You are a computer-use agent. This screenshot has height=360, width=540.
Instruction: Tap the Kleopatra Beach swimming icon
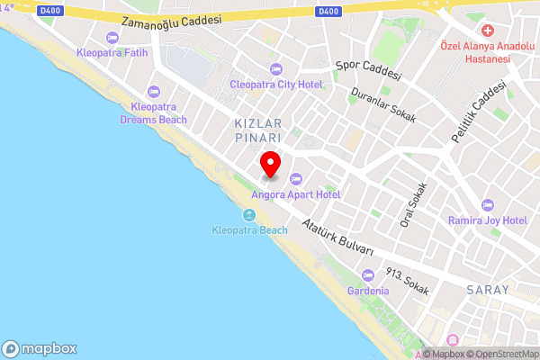point(249,214)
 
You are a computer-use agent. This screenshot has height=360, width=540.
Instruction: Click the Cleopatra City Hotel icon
point(275,69)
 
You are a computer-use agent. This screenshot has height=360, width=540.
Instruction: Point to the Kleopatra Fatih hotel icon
point(112,37)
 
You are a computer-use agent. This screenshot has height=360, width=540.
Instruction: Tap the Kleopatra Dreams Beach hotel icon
point(153,91)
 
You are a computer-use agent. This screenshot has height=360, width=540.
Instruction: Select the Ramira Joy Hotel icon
point(488,205)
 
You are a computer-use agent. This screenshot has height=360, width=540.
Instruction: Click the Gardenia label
point(370,291)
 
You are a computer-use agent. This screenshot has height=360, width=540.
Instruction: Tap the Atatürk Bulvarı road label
point(338,237)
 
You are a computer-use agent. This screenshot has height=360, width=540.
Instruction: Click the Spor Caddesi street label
point(367,70)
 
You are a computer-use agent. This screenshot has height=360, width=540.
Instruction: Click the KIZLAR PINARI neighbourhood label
point(258,130)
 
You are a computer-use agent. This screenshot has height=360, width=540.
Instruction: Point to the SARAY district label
point(488,291)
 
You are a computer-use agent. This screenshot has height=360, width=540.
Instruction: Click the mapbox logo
point(40,348)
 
